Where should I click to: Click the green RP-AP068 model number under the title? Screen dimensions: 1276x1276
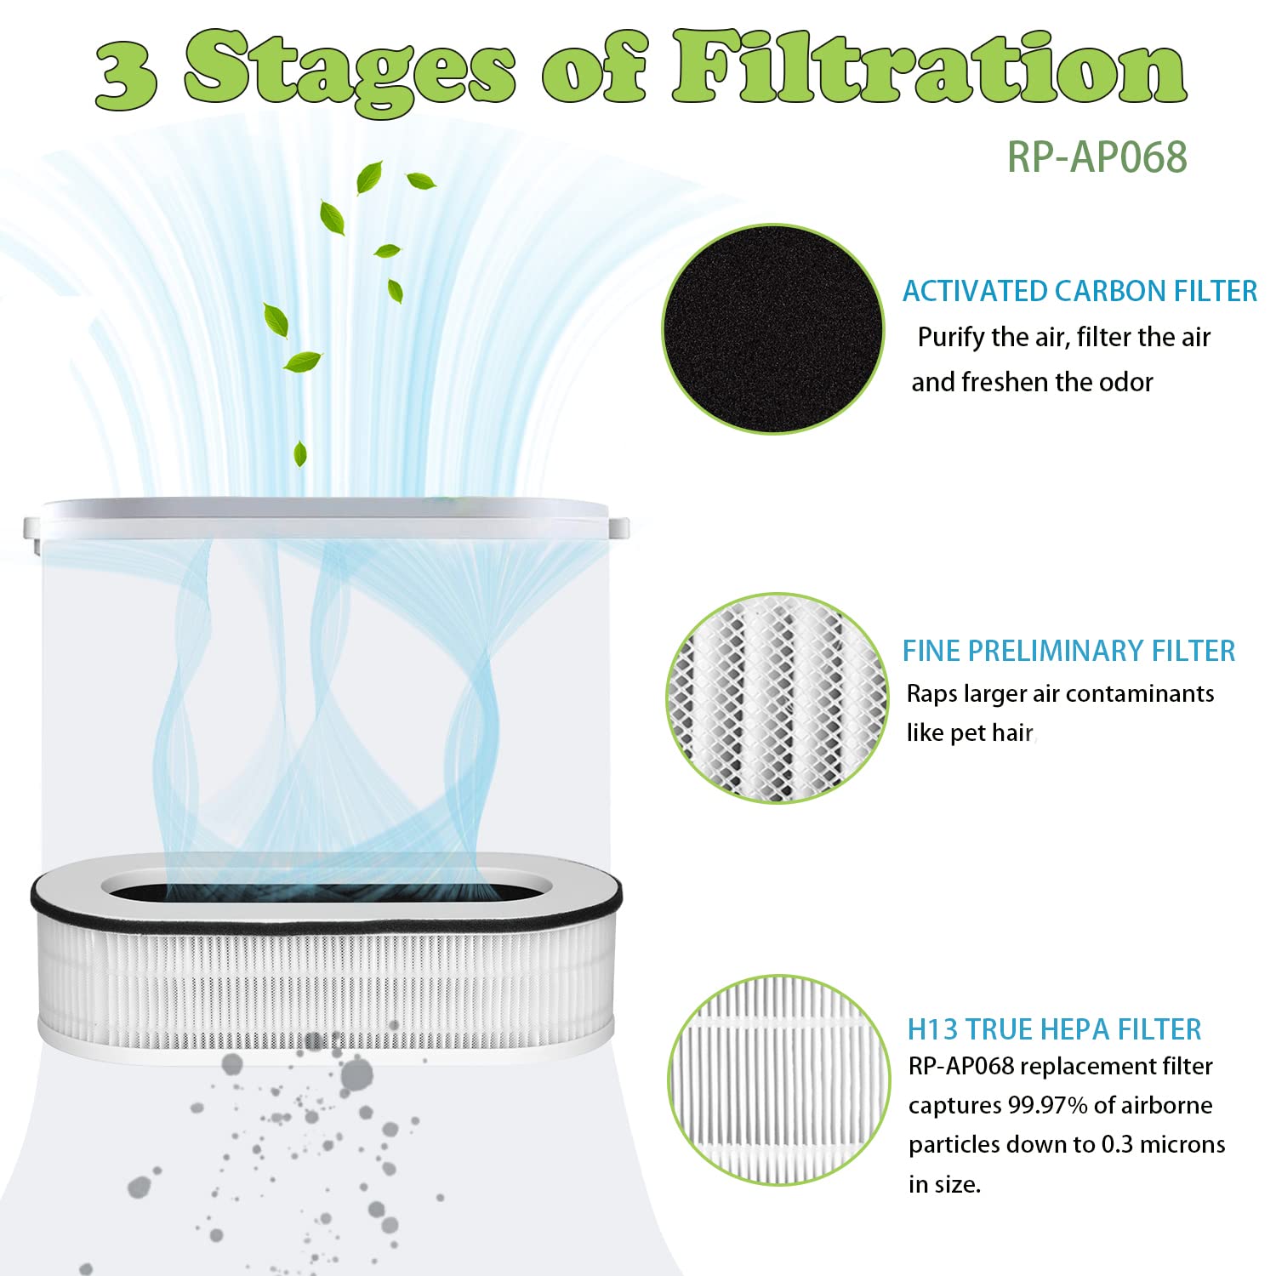(x=1097, y=157)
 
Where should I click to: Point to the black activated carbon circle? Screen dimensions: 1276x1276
(x=773, y=329)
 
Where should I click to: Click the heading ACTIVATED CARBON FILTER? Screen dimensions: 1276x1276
(x=1079, y=291)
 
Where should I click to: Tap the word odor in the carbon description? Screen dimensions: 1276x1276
(x=1125, y=382)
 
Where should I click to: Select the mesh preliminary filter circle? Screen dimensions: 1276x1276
(x=777, y=698)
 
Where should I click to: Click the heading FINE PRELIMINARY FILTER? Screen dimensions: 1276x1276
(x=1068, y=651)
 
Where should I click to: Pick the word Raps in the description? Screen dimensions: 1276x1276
(x=931, y=695)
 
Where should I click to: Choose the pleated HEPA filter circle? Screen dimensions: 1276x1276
(x=778, y=1080)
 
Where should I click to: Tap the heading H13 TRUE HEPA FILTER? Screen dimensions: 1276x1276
(x=1054, y=1029)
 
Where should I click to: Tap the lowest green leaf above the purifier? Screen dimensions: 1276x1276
(x=299, y=453)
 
